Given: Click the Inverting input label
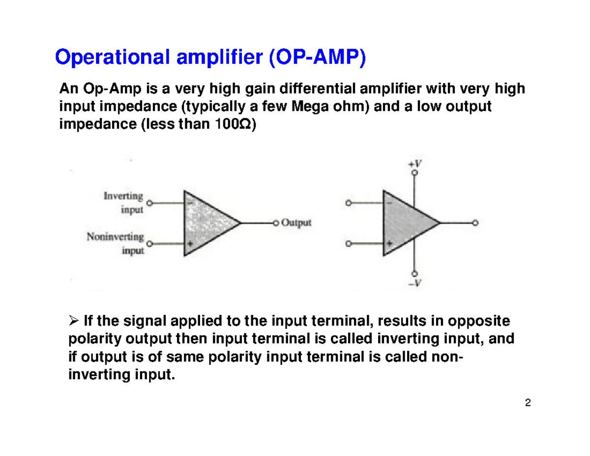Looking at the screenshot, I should [x=123, y=203].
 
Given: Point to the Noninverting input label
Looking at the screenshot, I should [x=116, y=243].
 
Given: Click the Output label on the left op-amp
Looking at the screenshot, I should [x=296, y=223].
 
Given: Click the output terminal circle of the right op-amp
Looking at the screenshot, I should [x=475, y=223].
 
